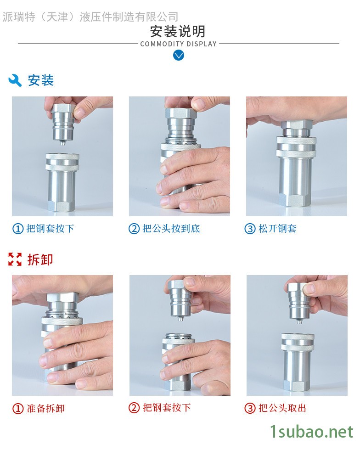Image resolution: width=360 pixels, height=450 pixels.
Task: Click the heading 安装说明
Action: click(178, 31)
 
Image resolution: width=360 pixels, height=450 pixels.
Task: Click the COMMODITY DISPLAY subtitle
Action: click(178, 44)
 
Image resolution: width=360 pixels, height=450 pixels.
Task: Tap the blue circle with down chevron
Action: click(179, 55)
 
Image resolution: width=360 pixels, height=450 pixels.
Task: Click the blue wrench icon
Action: click(15, 80)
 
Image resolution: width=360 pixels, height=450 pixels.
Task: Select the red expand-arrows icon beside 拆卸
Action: click(15, 259)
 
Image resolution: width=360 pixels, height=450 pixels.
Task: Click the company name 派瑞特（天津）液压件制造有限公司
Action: click(90, 17)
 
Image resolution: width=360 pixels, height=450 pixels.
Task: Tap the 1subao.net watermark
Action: click(312, 432)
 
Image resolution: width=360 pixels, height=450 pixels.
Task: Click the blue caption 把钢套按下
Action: click(50, 229)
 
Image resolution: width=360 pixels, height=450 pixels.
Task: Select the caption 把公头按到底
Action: click(171, 229)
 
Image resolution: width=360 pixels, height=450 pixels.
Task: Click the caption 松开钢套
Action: click(277, 229)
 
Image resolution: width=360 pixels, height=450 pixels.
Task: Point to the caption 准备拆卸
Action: click(45, 408)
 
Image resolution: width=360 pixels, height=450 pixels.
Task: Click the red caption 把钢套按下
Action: click(167, 408)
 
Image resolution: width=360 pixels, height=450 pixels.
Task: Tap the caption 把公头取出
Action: click(282, 408)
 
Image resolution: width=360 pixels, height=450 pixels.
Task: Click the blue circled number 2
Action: click(134, 229)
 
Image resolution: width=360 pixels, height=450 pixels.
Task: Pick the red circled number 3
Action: click(250, 408)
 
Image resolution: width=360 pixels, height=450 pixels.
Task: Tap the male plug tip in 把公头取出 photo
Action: click(299, 321)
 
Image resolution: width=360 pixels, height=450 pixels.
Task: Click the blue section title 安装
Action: click(41, 80)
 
